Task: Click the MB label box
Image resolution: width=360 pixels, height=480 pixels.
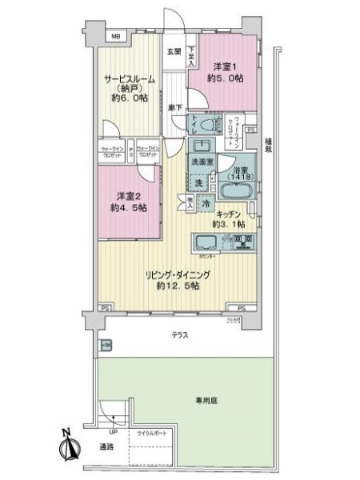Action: point(115,37)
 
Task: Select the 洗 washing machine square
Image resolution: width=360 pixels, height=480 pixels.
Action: point(199,183)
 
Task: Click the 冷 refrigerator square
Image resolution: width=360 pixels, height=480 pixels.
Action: point(206,205)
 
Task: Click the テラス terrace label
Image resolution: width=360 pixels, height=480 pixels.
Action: point(179,334)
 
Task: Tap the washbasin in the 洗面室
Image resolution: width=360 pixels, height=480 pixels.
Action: point(203,146)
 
